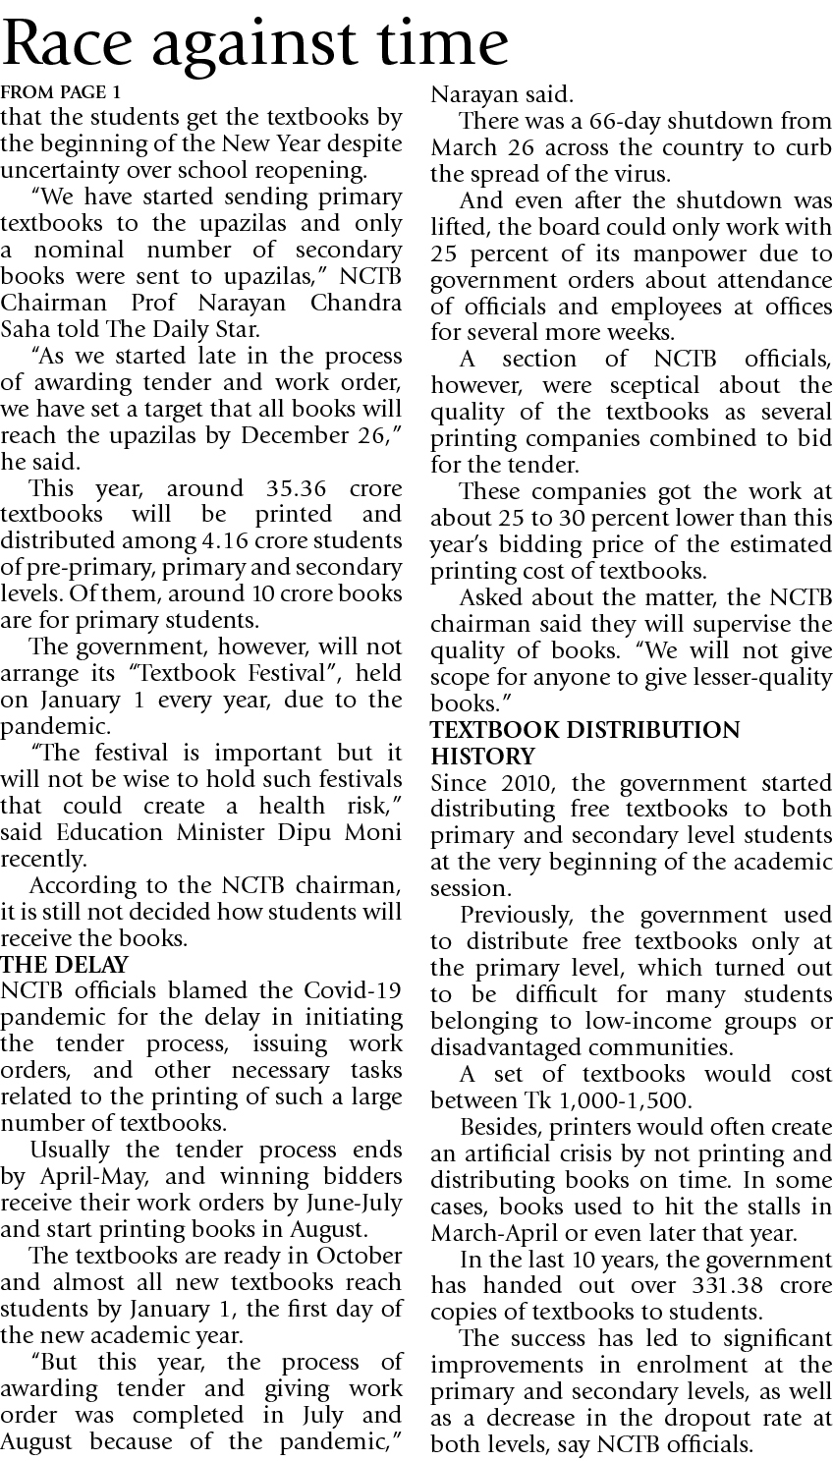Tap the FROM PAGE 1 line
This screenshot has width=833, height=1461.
(61, 93)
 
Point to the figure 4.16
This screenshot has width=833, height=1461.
(228, 540)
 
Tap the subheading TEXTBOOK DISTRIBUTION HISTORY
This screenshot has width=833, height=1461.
(585, 743)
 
